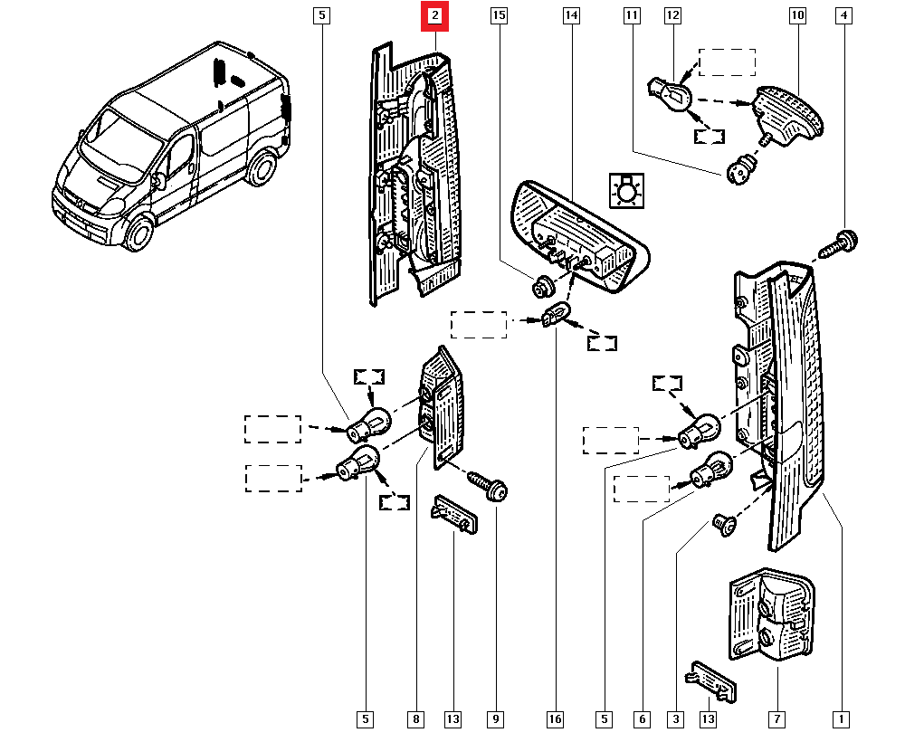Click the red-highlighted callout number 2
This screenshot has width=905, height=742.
435,15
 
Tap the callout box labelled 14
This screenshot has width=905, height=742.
570,15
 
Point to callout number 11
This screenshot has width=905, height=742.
632,15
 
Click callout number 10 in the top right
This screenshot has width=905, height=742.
797,15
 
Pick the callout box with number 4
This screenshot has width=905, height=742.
843,15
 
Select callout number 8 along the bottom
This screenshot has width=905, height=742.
415,719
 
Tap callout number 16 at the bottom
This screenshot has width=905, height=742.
555,719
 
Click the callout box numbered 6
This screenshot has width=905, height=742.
642,719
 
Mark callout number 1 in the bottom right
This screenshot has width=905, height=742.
842,719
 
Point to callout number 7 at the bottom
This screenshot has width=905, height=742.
776,719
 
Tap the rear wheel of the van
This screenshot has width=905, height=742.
262,169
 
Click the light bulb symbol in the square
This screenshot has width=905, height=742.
626,191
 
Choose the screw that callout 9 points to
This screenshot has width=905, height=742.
488,487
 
